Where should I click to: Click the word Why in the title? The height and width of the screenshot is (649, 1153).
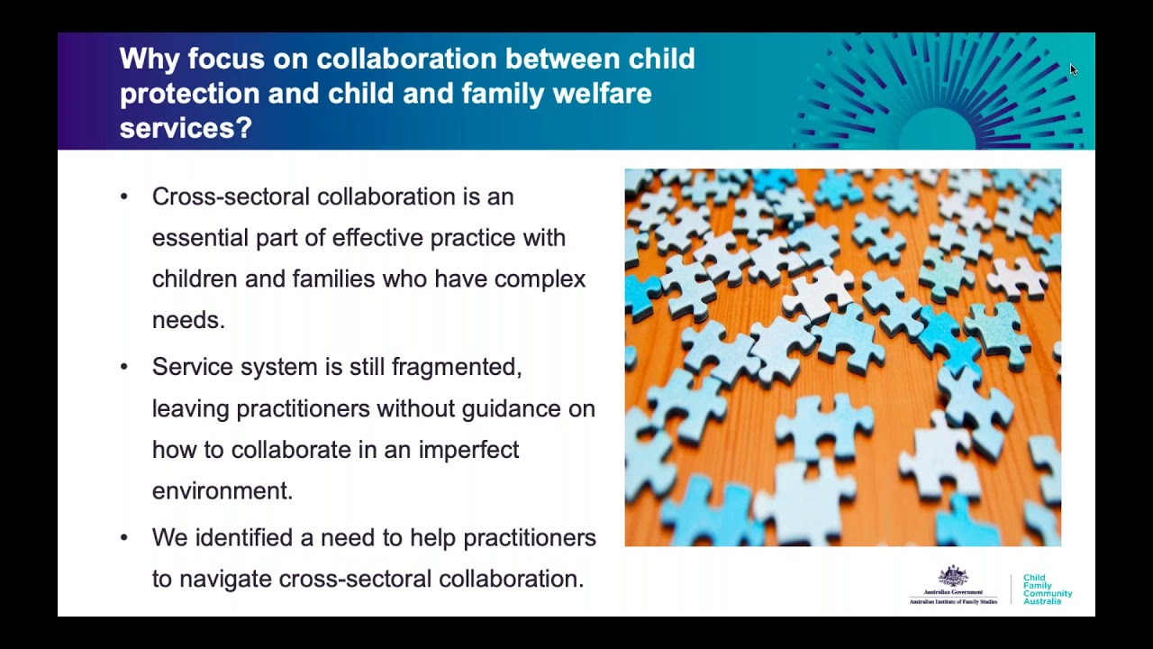[x=149, y=59]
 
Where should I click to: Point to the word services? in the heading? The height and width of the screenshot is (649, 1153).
[x=186, y=128]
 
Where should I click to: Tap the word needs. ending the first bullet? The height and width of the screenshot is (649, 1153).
[x=188, y=320]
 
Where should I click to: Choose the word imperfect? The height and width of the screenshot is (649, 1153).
[x=468, y=450]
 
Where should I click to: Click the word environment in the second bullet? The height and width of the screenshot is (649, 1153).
[x=221, y=491]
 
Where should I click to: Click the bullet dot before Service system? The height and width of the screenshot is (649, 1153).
[x=124, y=367]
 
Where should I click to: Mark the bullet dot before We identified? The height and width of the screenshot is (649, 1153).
[x=124, y=538]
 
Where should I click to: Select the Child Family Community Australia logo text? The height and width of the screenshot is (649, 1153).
[x=1047, y=590]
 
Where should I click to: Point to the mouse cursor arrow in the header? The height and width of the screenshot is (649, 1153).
[x=1072, y=69]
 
